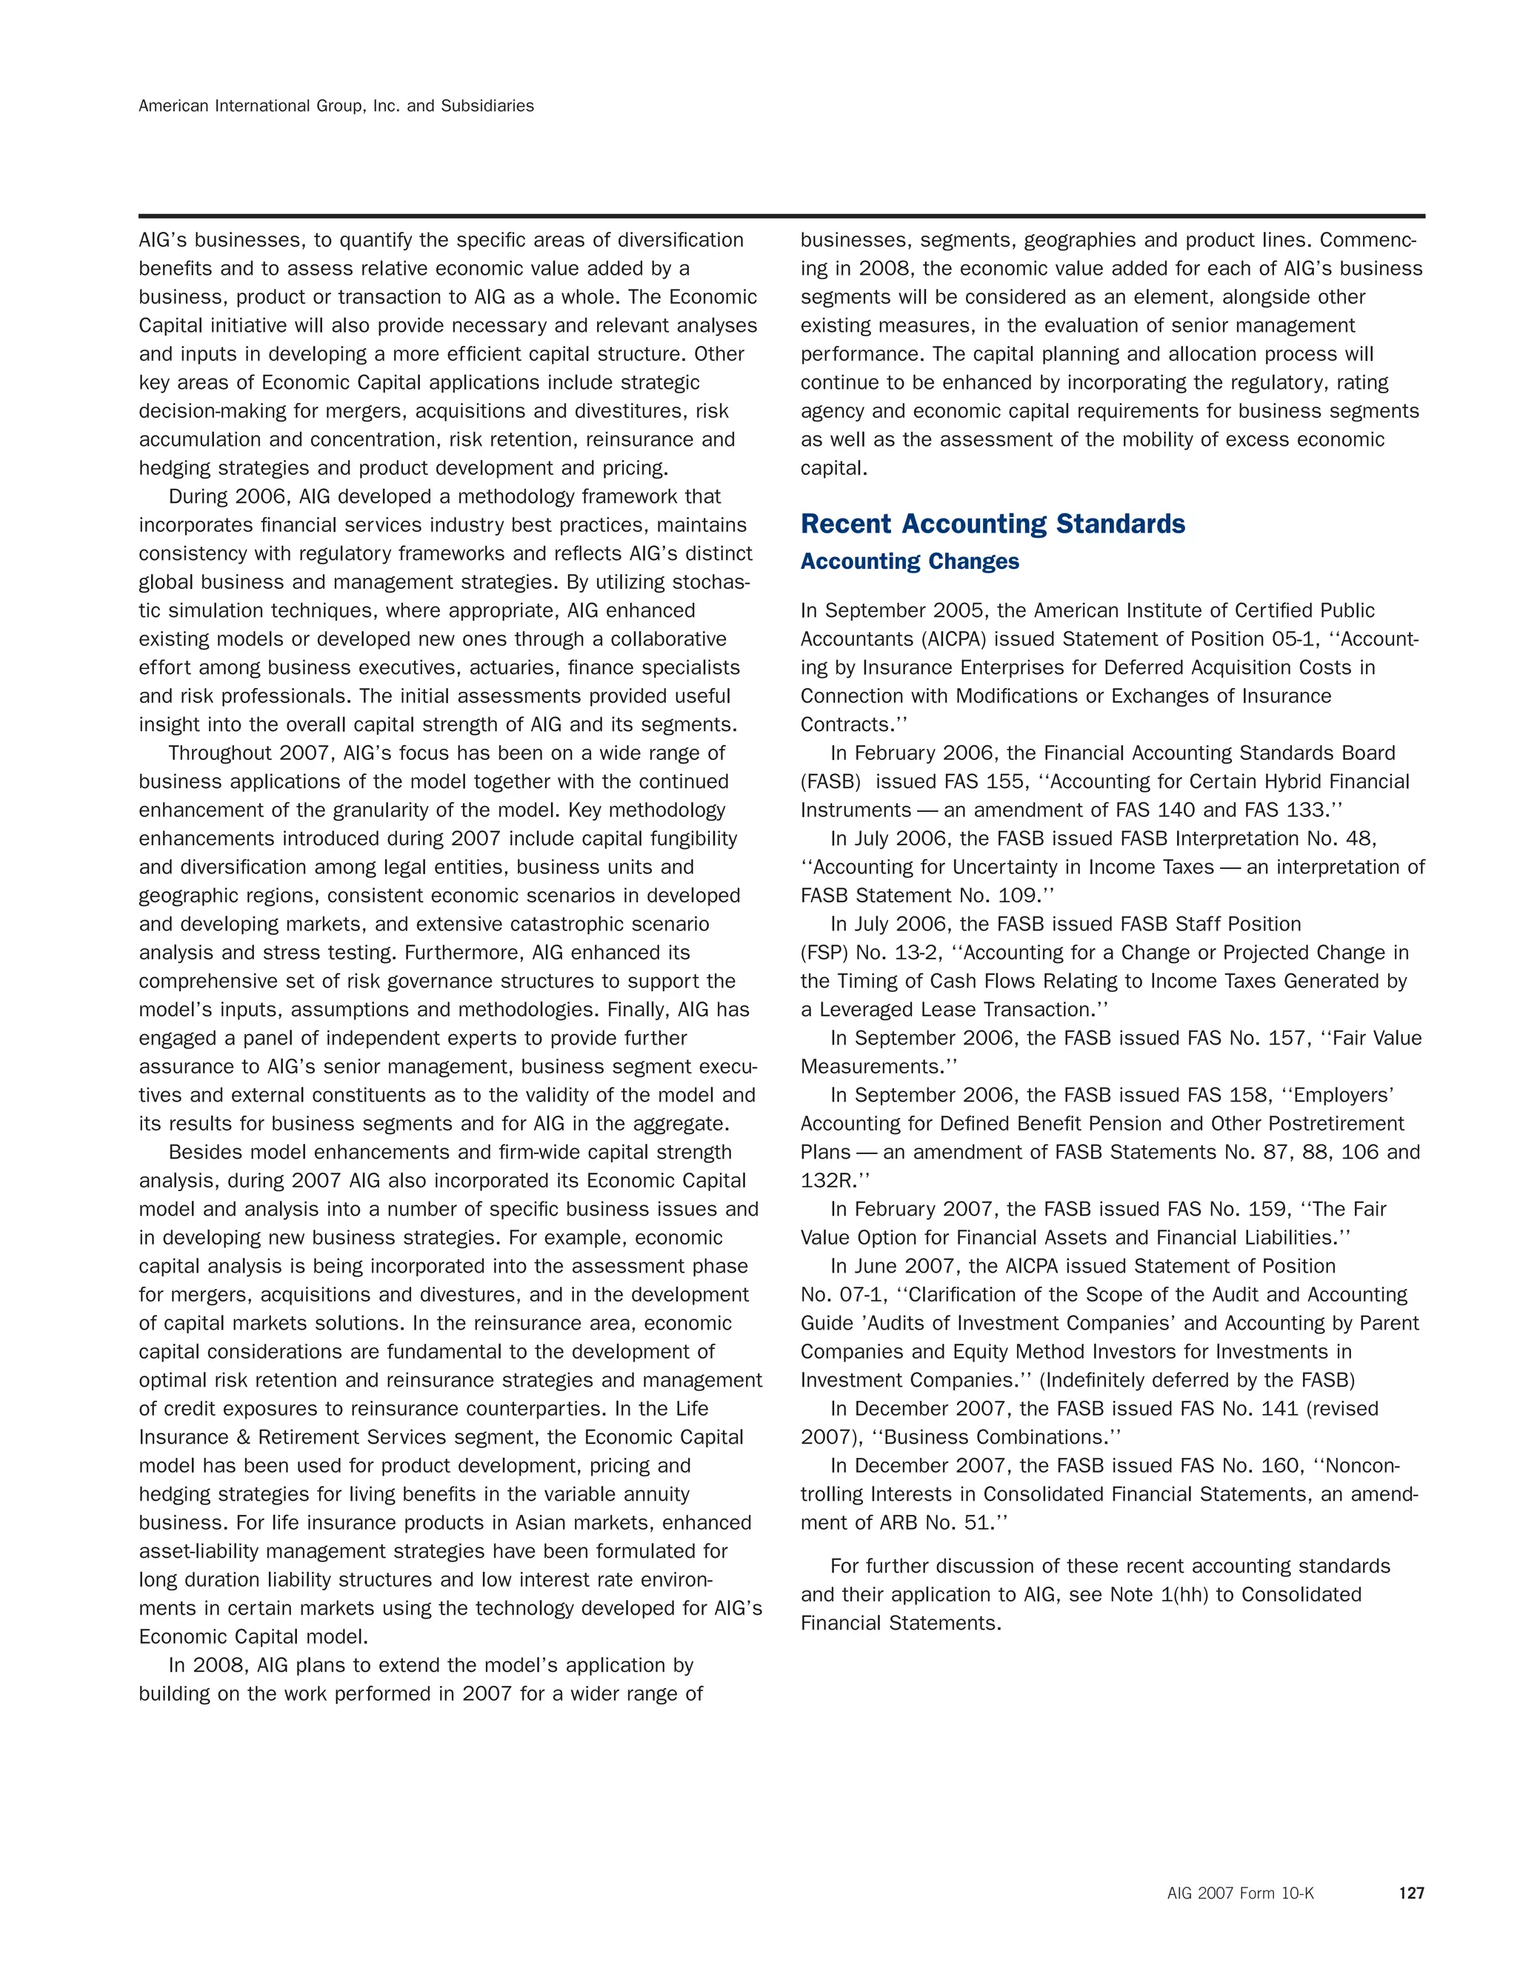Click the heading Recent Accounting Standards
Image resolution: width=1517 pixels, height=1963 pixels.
click(x=992, y=524)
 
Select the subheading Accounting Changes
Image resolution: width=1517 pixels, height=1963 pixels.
click(x=910, y=561)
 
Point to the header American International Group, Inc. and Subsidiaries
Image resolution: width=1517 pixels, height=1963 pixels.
click(x=336, y=106)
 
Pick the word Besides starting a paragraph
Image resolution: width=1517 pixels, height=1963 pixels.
click(x=202, y=1153)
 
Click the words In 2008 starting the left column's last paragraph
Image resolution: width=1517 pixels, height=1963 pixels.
click(x=205, y=1665)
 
